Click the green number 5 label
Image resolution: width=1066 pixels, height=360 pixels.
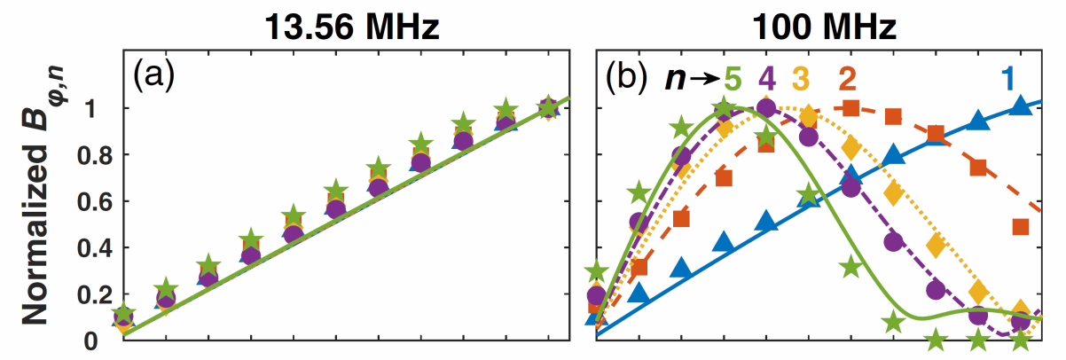[732, 79]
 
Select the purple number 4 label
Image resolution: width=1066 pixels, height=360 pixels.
[767, 79]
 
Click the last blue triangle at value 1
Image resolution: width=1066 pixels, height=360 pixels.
[1020, 106]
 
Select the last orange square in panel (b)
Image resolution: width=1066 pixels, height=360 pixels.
[1020, 226]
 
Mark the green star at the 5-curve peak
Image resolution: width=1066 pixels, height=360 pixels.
[724, 109]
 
